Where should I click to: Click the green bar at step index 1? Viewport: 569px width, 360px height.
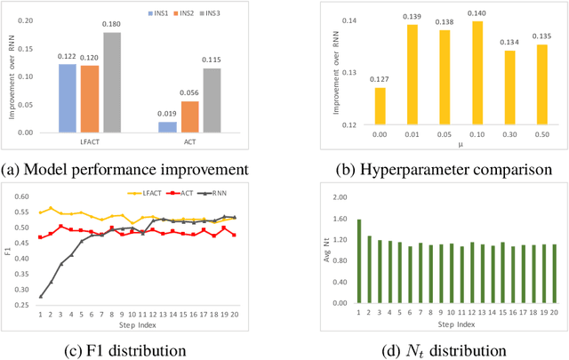358,261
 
